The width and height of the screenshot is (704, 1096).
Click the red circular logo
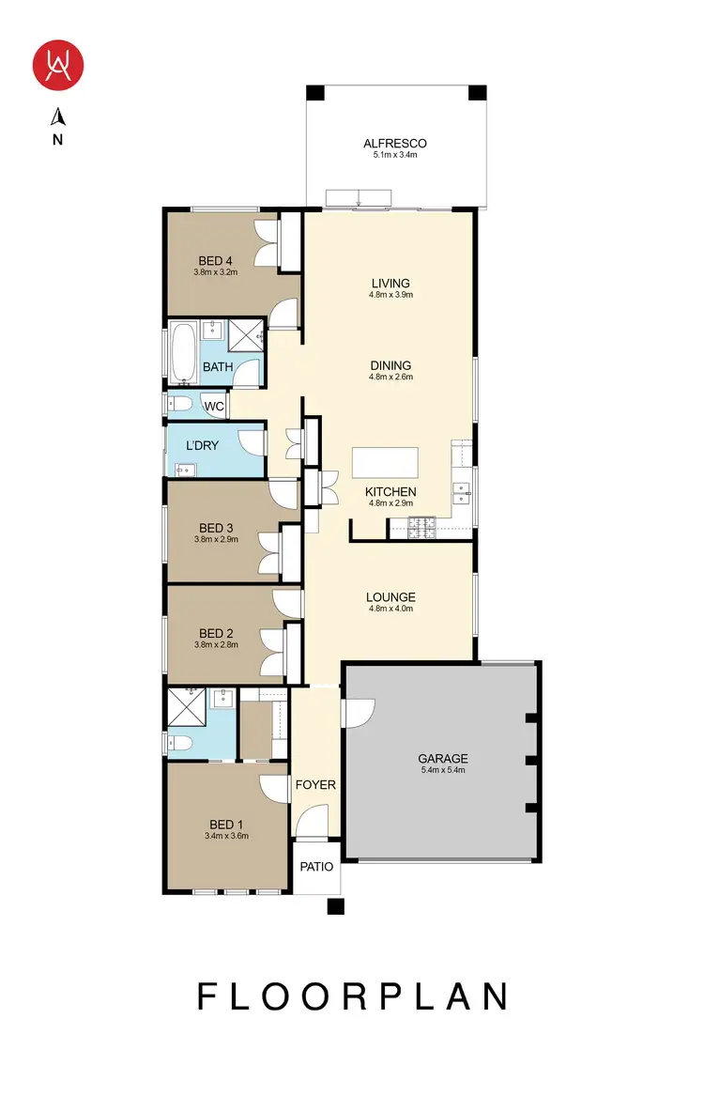(59, 64)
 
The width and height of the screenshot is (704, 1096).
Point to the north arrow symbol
(58, 117)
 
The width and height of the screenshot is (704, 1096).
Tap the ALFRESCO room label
(395, 144)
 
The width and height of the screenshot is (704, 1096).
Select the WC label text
(214, 407)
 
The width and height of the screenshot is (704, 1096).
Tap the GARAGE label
(442, 759)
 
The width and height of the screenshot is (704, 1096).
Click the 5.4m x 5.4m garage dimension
(442, 771)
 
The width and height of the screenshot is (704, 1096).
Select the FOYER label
(315, 784)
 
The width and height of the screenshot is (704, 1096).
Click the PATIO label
(316, 867)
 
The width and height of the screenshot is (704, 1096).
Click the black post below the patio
(336, 906)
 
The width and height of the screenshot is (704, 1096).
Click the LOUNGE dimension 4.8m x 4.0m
(390, 610)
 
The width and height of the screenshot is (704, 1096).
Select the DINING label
(390, 365)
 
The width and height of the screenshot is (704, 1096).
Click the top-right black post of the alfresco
(478, 93)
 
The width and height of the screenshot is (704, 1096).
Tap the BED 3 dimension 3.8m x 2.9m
(216, 540)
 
